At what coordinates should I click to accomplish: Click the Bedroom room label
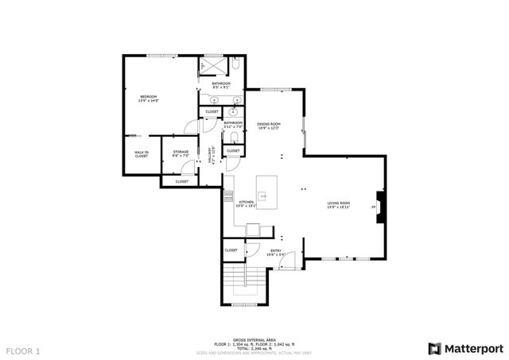click(x=149, y=98)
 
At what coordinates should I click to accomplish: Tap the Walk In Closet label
click(x=141, y=154)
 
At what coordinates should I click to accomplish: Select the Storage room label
click(x=181, y=153)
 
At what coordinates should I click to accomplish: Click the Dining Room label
click(x=269, y=126)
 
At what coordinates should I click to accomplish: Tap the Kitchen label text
click(x=247, y=203)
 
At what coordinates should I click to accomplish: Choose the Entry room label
click(x=276, y=253)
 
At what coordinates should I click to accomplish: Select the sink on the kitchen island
click(x=263, y=194)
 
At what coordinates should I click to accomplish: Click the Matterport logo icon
click(x=433, y=348)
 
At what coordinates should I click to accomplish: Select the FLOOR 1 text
click(x=22, y=350)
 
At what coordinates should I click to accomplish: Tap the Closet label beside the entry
click(x=231, y=250)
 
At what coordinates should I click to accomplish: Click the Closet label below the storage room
click(x=181, y=181)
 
